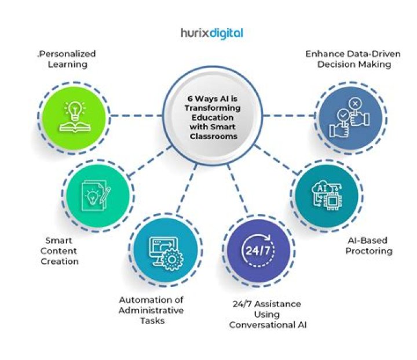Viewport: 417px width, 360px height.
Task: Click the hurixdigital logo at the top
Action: point(210,33)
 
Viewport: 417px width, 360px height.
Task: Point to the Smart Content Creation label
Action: point(63,250)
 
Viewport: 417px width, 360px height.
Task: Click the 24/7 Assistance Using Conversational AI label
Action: point(267,314)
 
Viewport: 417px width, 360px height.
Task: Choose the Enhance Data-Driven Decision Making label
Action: point(348,59)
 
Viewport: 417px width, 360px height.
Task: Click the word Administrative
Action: point(152,310)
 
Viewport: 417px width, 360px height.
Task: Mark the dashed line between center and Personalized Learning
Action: point(134,115)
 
